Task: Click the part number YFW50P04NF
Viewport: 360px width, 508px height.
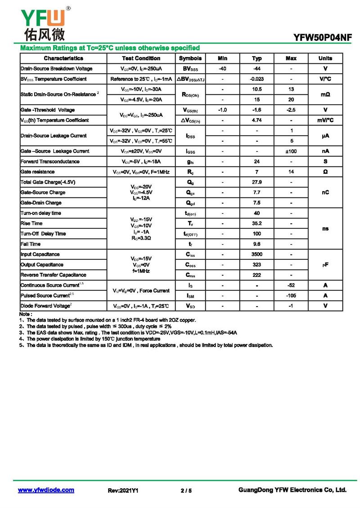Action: point(322,39)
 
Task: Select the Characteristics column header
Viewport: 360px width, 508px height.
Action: point(63,58)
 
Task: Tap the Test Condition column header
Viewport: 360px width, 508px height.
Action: point(141,58)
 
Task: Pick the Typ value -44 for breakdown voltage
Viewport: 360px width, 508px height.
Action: point(257,69)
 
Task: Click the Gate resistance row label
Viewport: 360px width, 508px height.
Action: point(38,172)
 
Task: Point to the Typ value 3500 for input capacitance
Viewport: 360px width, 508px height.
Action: point(257,254)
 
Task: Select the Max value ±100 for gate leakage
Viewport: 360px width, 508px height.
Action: point(291,151)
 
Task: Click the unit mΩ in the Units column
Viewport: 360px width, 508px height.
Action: point(325,94)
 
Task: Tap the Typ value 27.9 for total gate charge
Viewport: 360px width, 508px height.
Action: point(257,182)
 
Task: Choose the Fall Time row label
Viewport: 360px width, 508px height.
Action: point(31,244)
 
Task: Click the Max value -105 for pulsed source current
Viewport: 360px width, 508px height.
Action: point(291,296)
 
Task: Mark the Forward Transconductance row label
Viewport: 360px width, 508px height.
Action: point(50,161)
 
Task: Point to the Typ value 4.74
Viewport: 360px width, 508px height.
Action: point(257,120)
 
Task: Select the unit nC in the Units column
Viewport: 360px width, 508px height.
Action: point(325,192)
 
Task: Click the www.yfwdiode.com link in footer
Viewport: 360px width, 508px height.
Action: point(46,490)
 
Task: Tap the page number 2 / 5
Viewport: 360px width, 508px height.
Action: point(186,490)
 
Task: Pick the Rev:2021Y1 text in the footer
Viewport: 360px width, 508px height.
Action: point(123,490)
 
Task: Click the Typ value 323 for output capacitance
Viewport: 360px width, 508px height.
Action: point(257,265)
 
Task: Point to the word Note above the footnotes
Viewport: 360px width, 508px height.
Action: point(26,314)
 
